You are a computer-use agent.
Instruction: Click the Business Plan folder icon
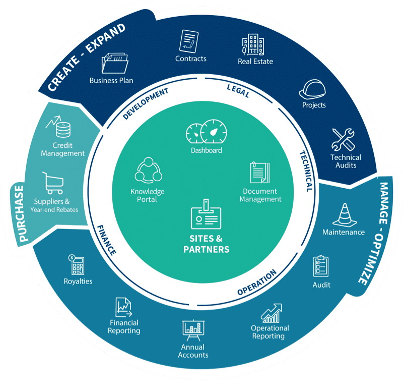pos(115,64)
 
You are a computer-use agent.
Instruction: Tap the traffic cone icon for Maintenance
pos(343,214)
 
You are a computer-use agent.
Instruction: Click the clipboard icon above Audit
pos(321,266)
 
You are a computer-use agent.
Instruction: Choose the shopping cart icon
pos(52,183)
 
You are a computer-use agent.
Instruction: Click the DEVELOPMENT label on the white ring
pos(145,104)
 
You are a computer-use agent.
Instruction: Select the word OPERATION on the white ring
pos(256,283)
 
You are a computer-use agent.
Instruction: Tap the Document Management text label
pos(260,195)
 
